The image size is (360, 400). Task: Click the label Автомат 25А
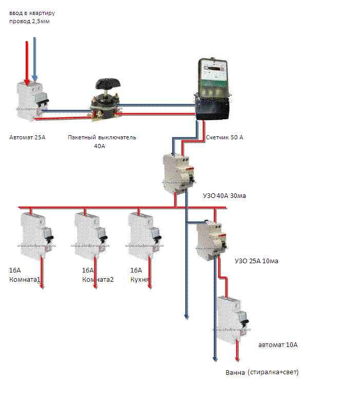[27, 137]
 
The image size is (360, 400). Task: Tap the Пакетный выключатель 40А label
[102, 141]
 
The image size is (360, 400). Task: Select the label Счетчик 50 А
[224, 138]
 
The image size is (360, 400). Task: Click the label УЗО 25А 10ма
[256, 261]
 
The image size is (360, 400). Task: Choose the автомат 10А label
[277, 345]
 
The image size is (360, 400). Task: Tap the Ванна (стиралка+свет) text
[261, 372]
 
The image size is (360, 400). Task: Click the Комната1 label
[25, 280]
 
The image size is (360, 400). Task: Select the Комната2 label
[98, 280]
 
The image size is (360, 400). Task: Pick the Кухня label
[140, 280]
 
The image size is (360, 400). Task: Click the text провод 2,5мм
[29, 22]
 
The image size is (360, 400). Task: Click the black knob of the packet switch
[107, 84]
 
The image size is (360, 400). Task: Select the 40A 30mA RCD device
[179, 172]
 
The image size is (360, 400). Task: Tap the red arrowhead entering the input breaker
[27, 80]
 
